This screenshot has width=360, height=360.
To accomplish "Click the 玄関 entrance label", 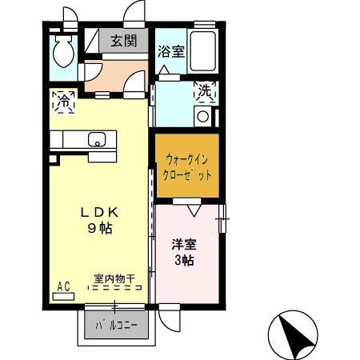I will [123, 41].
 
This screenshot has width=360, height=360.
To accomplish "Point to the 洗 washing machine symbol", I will [204, 92].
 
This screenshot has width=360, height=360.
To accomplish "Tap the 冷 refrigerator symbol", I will [63, 102].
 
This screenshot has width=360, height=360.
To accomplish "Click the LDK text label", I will [100, 213].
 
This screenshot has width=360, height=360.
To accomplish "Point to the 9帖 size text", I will [100, 228].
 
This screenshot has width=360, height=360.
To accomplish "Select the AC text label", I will [62, 285].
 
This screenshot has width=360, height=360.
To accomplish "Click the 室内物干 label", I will [114, 278].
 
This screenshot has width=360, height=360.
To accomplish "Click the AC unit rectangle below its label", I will [63, 295].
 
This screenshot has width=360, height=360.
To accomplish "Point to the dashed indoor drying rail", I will [114, 288].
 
